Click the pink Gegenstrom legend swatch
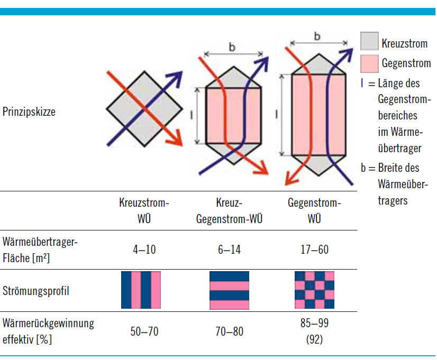369,63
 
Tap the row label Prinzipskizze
29,112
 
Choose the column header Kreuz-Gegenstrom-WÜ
229,211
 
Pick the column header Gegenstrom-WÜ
314,211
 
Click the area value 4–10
144,249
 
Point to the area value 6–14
229,249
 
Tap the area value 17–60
314,249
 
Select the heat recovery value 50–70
144,331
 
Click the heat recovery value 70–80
229,331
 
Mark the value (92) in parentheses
314,339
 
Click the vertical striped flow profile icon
140,290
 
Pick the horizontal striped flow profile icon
229,290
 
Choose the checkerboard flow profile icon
314,290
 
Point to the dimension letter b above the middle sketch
232,47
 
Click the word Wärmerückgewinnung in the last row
48,324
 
